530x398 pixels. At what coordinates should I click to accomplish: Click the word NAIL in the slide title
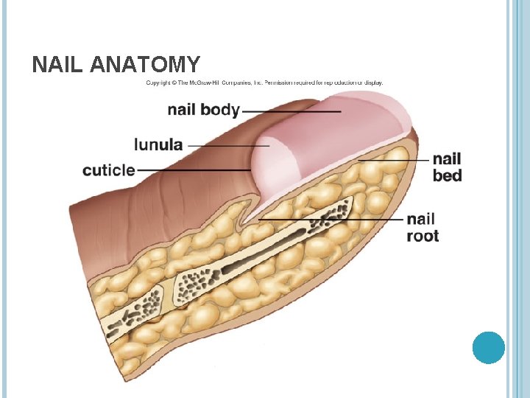[57, 66]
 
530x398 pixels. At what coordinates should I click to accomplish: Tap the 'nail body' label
[203, 111]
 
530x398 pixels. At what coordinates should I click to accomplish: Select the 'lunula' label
[158, 144]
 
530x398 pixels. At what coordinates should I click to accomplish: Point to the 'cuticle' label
[109, 170]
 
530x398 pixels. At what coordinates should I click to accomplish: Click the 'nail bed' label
[447, 167]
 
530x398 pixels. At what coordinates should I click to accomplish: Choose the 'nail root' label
[423, 228]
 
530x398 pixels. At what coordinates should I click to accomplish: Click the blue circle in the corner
[488, 347]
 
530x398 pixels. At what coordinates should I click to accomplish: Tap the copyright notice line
[264, 83]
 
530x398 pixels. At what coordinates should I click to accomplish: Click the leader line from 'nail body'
[291, 111]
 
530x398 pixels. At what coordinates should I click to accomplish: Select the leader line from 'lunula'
[228, 145]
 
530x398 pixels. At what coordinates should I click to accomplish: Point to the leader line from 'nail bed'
[394, 159]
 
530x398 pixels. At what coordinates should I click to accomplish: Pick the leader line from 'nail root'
[331, 220]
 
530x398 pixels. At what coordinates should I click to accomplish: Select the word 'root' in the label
[423, 236]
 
